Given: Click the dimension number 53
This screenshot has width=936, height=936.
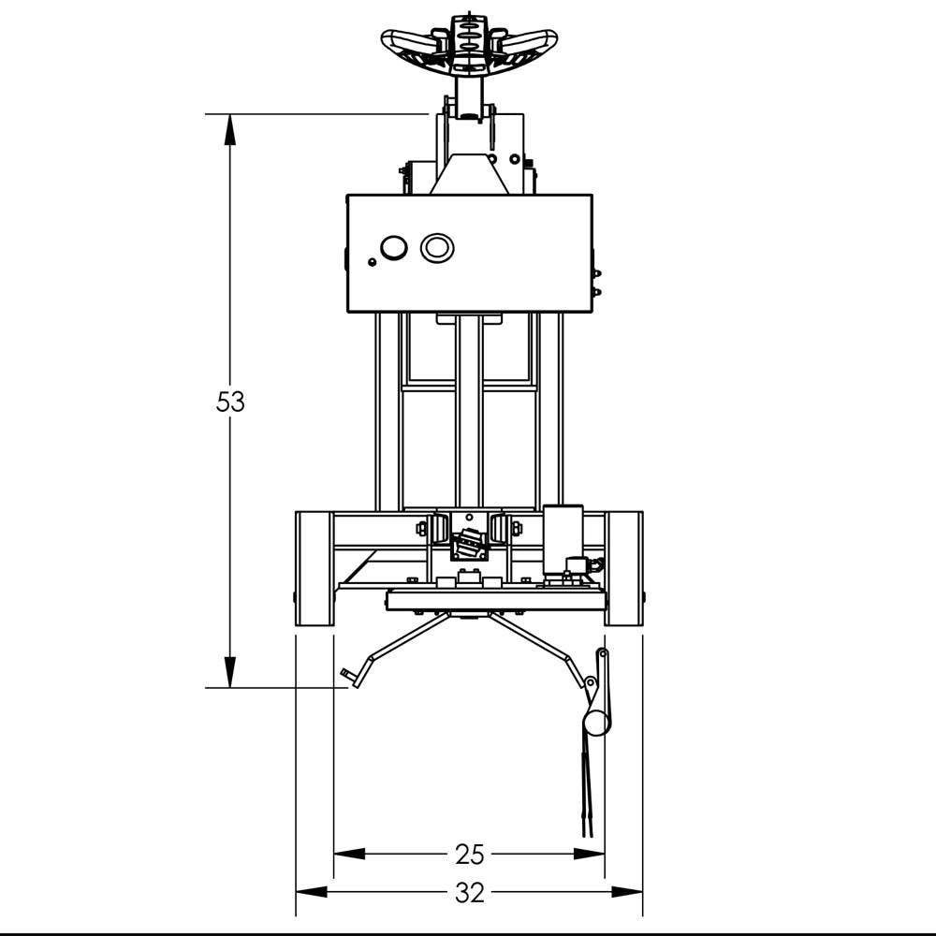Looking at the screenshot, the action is pos(230,402).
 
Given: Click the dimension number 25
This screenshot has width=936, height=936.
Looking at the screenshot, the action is pos(469,855).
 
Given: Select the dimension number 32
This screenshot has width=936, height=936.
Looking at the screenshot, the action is pos(469,893).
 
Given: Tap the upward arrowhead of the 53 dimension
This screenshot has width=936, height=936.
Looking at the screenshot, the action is pos(230,129).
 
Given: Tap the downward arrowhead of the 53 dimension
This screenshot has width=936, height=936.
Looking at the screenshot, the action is pos(230,672).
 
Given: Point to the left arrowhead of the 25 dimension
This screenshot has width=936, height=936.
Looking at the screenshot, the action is pos(349,855).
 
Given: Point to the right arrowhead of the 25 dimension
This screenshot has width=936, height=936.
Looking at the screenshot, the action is pos(589,855).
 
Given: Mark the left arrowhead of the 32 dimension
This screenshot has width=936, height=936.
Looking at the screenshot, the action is pos(312,892).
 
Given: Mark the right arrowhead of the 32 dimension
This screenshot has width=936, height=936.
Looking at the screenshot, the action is pos(627,892).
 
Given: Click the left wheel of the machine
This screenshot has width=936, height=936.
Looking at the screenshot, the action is pos(314,569).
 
